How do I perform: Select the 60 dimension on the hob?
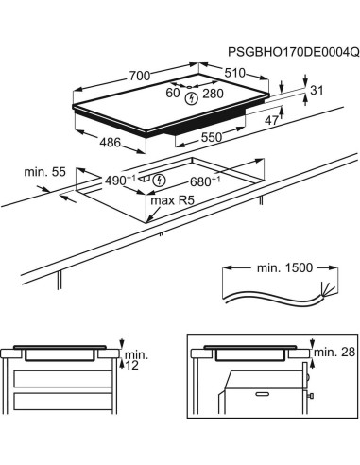pos(173,94)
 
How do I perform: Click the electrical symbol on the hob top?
pos(194,96)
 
